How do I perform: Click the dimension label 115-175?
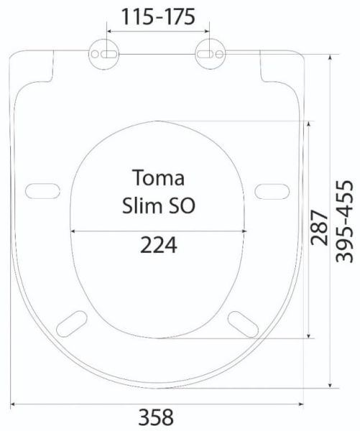[158, 17]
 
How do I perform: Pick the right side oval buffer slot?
[273, 190]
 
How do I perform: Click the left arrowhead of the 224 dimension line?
[73, 231]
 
